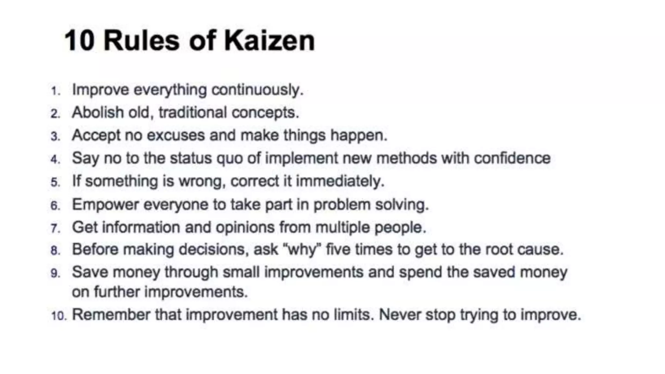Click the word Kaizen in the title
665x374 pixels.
tap(269, 41)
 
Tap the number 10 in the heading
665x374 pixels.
tap(80, 41)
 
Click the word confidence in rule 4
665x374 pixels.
tap(512, 158)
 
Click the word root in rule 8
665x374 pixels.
tap(498, 250)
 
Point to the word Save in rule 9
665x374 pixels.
tap(90, 272)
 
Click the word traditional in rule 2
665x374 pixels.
tap(193, 113)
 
